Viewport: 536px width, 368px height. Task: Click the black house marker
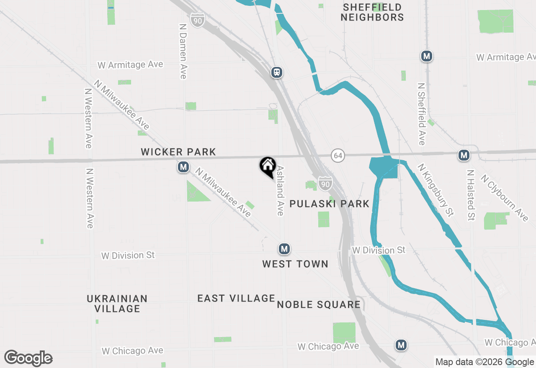pyautogui.click(x=268, y=166)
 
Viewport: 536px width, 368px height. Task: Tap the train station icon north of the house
pyautogui.click(x=276, y=72)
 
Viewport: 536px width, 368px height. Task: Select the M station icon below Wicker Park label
pyautogui.click(x=183, y=167)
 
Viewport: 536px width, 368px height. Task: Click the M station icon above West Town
pyautogui.click(x=284, y=249)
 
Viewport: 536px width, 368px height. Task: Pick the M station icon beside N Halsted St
pyautogui.click(x=463, y=156)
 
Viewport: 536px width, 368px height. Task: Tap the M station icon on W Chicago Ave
pyautogui.click(x=401, y=345)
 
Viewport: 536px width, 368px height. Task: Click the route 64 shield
pyautogui.click(x=338, y=156)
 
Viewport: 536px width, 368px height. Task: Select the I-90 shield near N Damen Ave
pyautogui.click(x=197, y=20)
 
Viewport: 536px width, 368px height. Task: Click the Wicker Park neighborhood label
pyautogui.click(x=178, y=152)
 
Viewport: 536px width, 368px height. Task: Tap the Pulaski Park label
pyautogui.click(x=330, y=204)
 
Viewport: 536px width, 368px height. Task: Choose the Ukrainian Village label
pyautogui.click(x=117, y=304)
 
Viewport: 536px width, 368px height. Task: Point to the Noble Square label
pyautogui.click(x=319, y=304)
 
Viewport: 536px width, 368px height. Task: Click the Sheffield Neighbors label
pyautogui.click(x=372, y=12)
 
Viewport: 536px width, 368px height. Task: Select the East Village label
pyautogui.click(x=236, y=298)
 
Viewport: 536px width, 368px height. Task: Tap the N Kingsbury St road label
pyautogui.click(x=435, y=190)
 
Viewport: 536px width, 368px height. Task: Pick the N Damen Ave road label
pyautogui.click(x=183, y=51)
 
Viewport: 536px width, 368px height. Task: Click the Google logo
pyautogui.click(x=28, y=358)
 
